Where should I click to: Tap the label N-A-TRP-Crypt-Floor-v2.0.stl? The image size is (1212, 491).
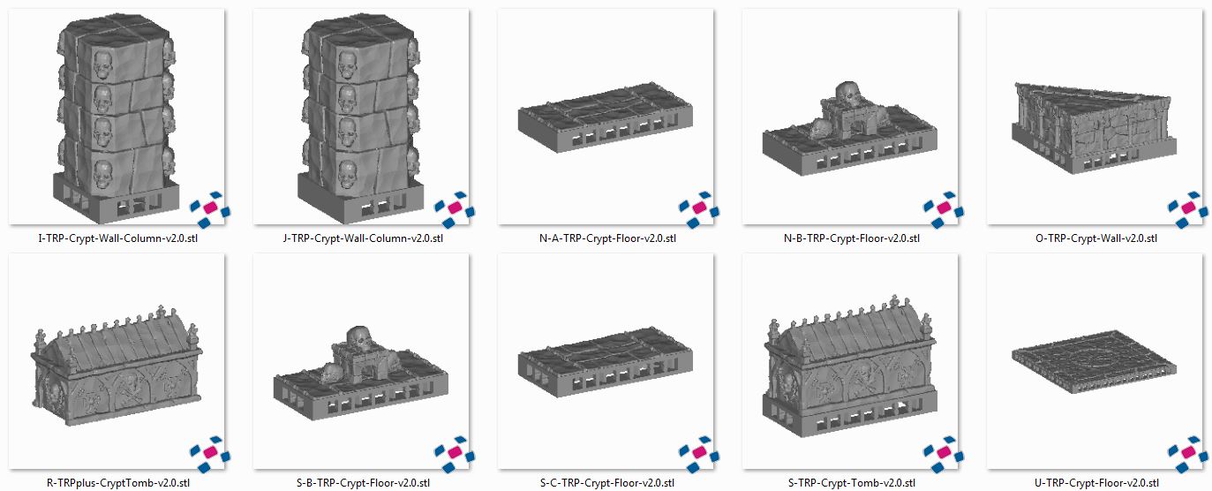[606, 238]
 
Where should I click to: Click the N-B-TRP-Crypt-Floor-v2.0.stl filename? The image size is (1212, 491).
[851, 238]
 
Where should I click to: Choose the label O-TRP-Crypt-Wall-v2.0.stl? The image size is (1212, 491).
[1095, 238]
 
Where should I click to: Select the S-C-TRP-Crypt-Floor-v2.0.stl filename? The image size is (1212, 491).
[606, 482]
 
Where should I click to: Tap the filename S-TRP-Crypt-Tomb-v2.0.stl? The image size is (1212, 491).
[851, 482]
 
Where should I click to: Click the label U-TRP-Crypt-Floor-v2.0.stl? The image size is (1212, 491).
[1095, 482]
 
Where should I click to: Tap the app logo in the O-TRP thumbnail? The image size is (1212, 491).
[1188, 209]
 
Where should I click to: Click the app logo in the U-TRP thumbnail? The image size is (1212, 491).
[1188, 454]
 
